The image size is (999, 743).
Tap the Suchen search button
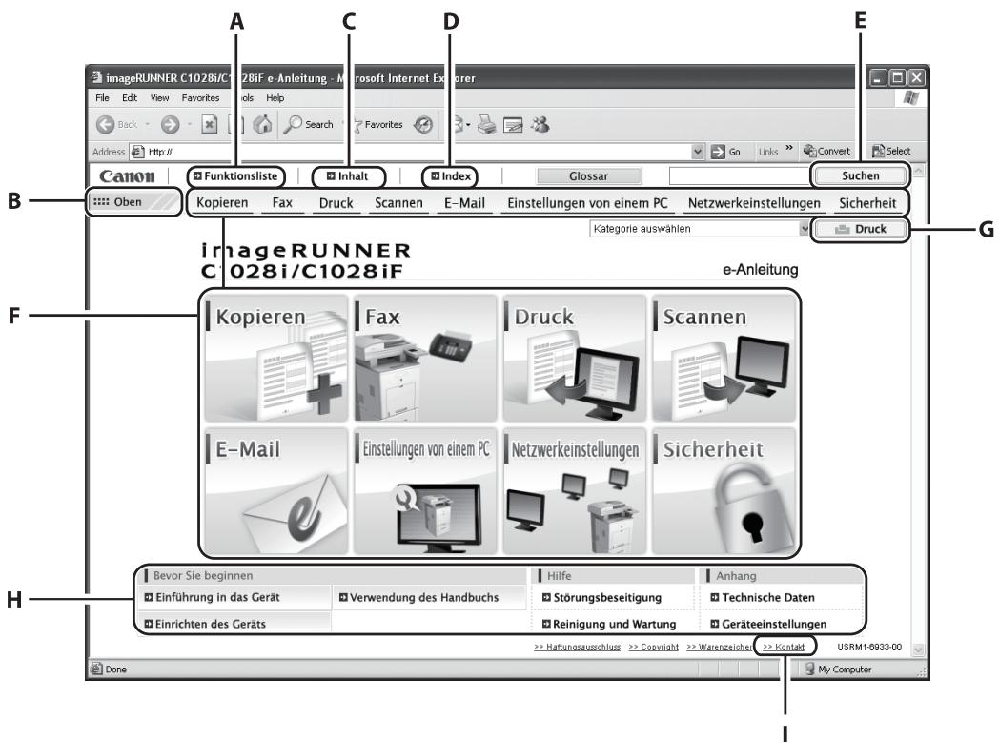[x=860, y=175]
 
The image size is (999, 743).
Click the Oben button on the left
[x=133, y=203]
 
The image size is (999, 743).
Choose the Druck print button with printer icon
[x=861, y=230]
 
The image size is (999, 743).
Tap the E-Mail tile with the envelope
[x=276, y=490]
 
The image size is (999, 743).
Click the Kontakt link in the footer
[x=785, y=647]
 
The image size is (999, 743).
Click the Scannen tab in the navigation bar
[x=398, y=203]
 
